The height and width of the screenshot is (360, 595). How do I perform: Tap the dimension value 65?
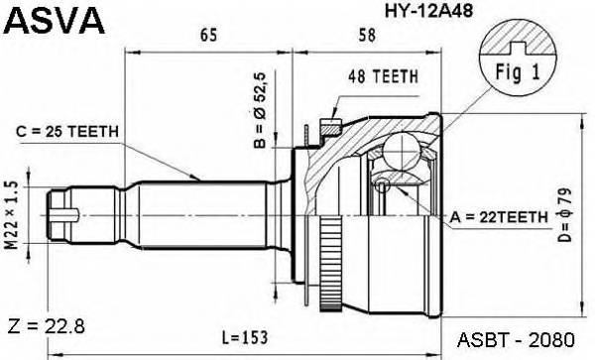click(208, 37)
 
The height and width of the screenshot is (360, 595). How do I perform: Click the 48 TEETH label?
click(383, 76)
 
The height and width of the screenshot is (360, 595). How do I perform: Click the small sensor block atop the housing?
click(330, 126)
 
